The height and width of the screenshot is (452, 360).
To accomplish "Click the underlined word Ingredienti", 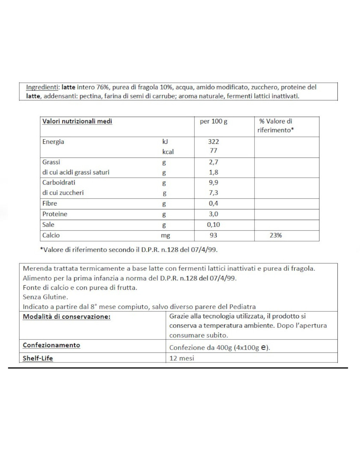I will tap(42, 87).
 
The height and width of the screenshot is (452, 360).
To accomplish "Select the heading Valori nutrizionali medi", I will tap(77, 121).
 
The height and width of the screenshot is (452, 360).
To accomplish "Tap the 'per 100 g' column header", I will tap(214, 121).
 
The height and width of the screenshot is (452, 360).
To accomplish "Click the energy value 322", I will tap(213, 142).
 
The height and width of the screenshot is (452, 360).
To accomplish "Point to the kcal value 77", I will tap(213, 151).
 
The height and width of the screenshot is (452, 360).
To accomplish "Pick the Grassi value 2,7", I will tap(214, 162).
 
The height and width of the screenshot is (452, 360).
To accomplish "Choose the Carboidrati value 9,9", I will tap(214, 183).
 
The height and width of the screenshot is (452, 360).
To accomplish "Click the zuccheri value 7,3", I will tap(214, 193).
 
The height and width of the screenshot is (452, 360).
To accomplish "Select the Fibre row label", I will tap(49, 203).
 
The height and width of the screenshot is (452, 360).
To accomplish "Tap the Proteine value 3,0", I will tap(214, 214).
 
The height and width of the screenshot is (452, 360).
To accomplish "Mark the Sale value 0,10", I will tap(214, 225).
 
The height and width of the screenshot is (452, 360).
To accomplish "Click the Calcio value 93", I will tap(213, 235).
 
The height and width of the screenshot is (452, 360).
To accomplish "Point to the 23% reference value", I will tap(276, 235).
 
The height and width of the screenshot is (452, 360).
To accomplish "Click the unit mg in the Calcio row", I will tap(166, 236).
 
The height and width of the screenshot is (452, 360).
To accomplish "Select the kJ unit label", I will tap(165, 142).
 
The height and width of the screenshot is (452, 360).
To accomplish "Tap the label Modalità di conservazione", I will tap(66, 317).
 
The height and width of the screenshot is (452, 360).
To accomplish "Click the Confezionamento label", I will tap(51, 345).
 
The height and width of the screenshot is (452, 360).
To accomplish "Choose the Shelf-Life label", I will tap(38, 358).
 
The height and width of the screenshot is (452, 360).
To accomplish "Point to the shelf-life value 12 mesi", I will tap(182, 358).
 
